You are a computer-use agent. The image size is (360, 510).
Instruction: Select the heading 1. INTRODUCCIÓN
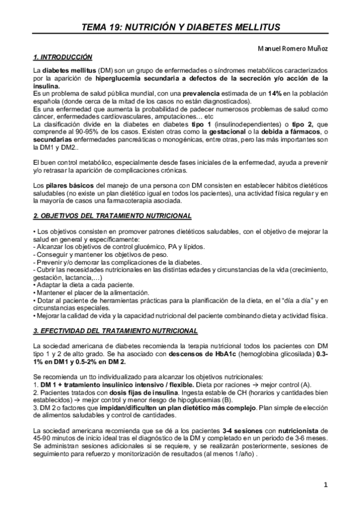[x=63, y=57]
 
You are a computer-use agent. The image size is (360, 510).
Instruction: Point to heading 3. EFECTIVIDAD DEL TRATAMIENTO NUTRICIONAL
[x=120, y=331]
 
